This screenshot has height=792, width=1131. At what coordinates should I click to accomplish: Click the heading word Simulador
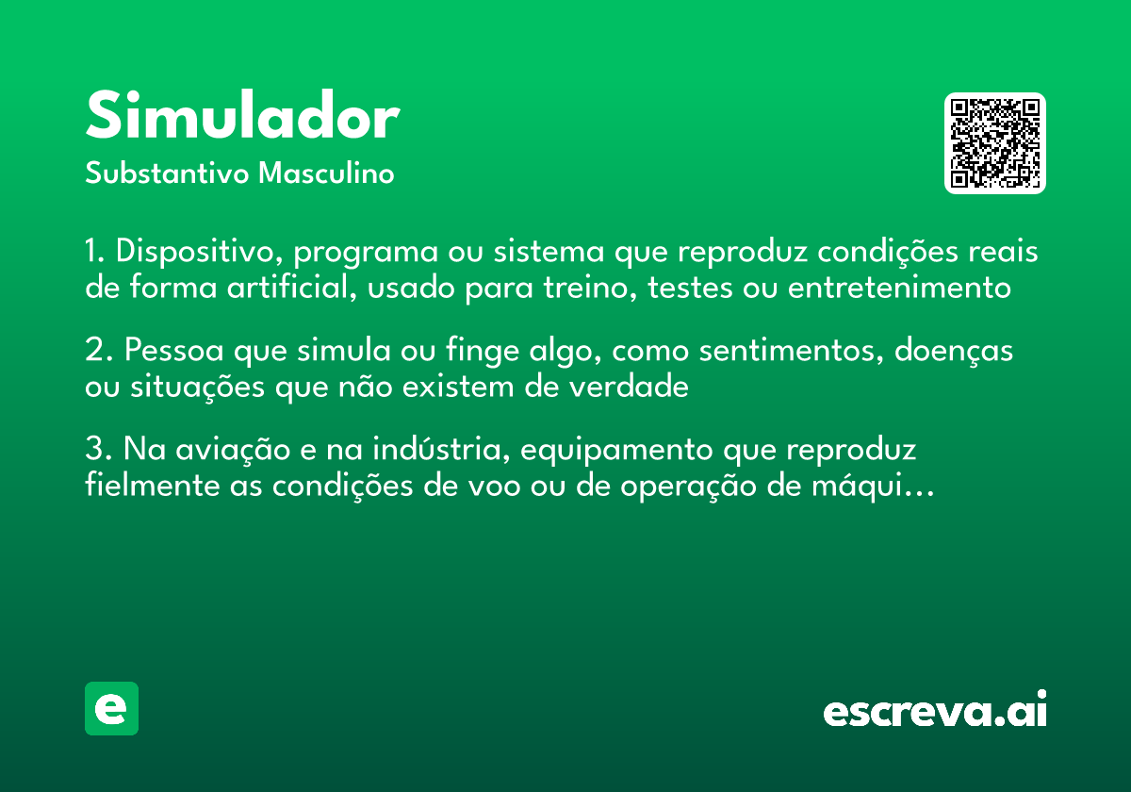(x=242, y=118)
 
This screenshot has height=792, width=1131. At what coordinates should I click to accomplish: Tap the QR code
(x=995, y=143)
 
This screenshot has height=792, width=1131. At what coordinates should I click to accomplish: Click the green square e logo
(x=111, y=708)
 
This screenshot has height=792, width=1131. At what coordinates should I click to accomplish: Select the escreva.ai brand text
(x=935, y=710)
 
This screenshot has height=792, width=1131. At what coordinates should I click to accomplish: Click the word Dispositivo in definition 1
(x=198, y=253)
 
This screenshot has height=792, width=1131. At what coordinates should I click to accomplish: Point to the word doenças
(x=954, y=351)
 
